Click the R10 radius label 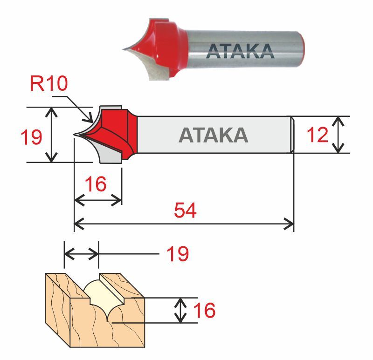pyautogui.click(x=49, y=84)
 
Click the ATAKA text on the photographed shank pyautogui.click(x=240, y=51)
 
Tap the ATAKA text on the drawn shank pyautogui.click(x=214, y=135)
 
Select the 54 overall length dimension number pyautogui.click(x=186, y=211)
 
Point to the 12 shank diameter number pyautogui.click(x=318, y=135)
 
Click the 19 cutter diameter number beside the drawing pyautogui.click(x=31, y=136)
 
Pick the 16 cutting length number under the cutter pyautogui.click(x=96, y=184)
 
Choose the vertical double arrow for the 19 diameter pyautogui.click(x=53, y=135)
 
